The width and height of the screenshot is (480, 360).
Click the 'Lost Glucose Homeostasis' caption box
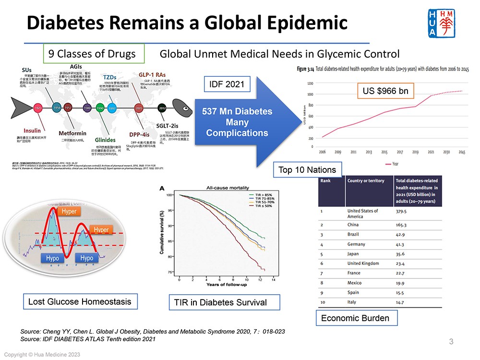click(x=80, y=302)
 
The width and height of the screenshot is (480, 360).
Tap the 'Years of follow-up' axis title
click(x=227, y=285)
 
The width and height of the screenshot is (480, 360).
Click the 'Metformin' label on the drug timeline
click(x=72, y=133)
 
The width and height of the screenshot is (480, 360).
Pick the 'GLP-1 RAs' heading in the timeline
click(x=152, y=75)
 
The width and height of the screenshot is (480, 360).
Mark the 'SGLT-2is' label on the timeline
click(x=168, y=125)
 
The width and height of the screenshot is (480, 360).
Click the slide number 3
click(x=451, y=342)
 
